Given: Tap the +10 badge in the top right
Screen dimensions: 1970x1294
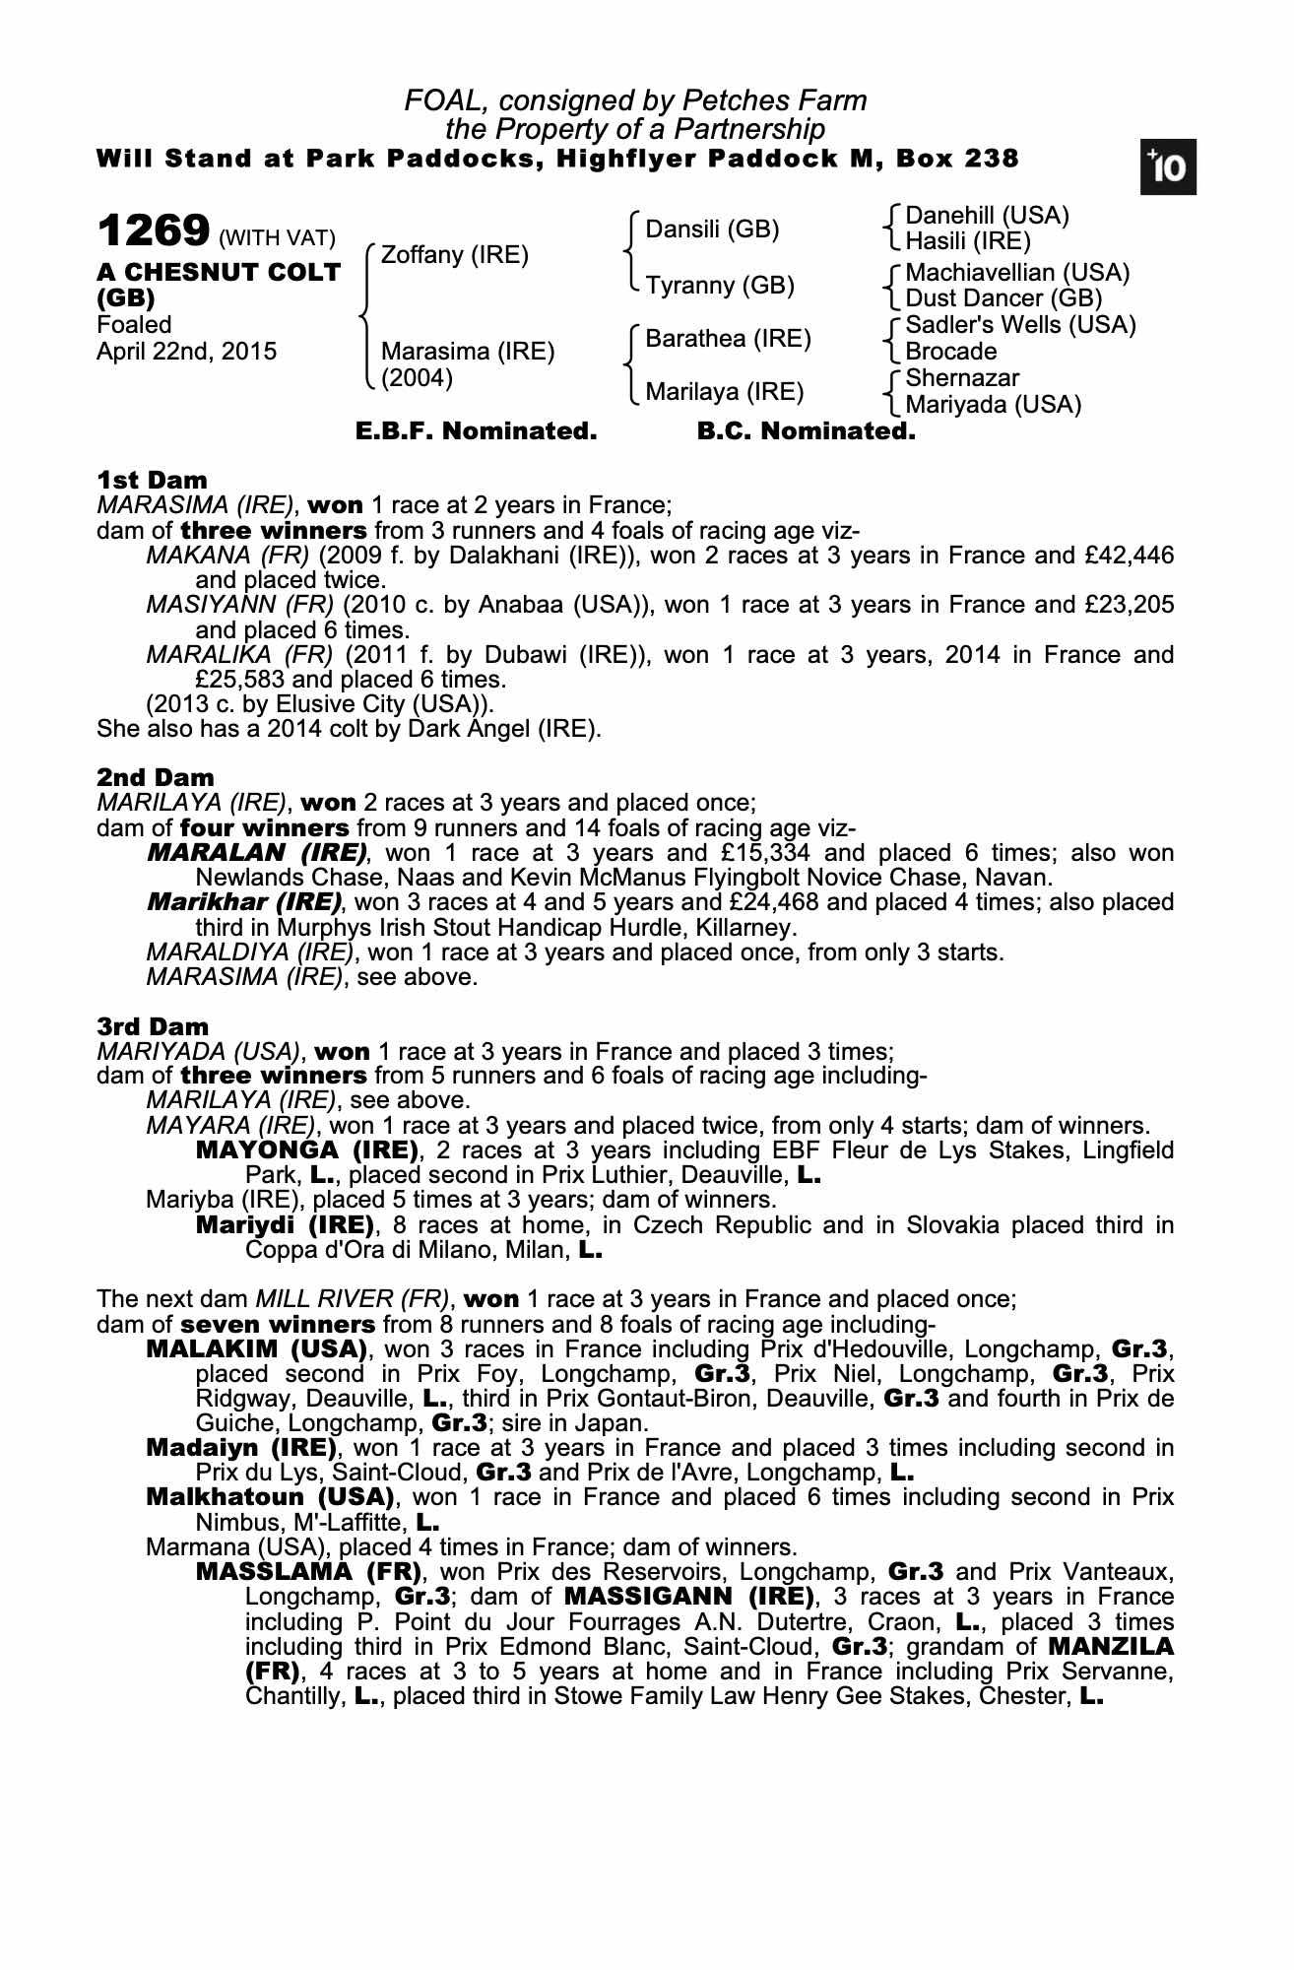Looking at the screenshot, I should point(1169,168).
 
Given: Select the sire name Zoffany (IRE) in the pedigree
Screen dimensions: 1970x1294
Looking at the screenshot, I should point(454,255).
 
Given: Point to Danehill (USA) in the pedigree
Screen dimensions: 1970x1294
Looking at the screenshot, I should point(987,216).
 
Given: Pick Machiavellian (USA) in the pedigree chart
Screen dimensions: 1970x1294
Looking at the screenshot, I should point(1017,272).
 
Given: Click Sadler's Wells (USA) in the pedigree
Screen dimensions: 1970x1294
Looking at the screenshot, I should point(1020,325).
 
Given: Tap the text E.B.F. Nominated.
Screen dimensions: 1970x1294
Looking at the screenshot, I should point(476,431).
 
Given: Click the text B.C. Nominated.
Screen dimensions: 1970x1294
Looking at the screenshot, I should point(806,431).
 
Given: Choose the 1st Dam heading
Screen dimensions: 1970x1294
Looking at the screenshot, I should point(152,481).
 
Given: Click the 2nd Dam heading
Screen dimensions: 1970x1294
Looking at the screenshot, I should point(155,778).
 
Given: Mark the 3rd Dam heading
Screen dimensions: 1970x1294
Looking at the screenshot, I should point(153,1027).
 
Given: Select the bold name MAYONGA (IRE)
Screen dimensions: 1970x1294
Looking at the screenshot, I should point(308,1150).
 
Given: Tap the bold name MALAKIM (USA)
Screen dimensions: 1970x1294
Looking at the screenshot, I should point(257,1348).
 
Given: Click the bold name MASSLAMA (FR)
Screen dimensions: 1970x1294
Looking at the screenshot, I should point(309,1572).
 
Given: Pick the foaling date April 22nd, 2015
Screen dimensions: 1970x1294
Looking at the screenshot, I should point(186,352).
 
